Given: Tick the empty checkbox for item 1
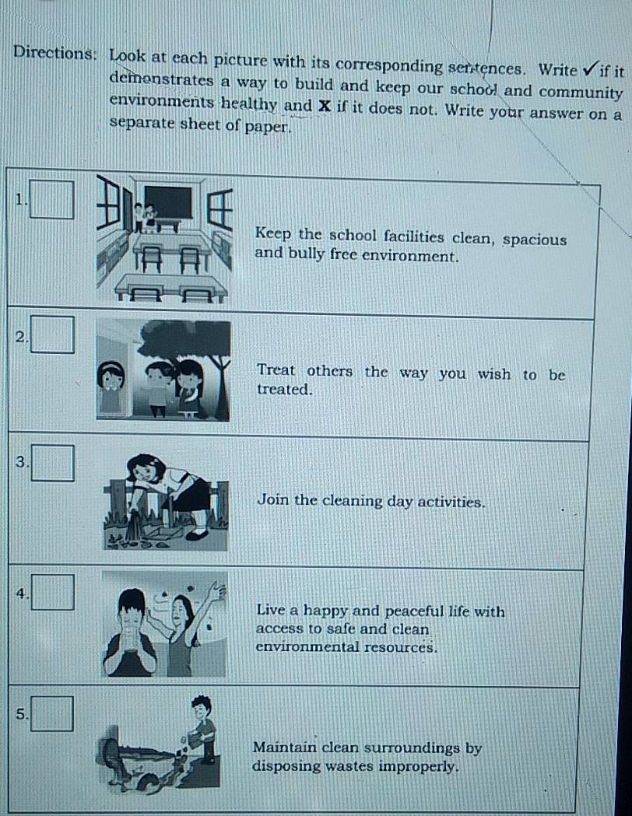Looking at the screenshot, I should (54, 200).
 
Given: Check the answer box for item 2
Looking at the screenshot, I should (54, 335).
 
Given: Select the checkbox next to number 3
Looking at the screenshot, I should (54, 464).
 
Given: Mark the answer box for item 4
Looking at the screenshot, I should (54, 593).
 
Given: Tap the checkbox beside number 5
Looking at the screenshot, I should (54, 714).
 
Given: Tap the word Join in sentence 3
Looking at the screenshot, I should (272, 500).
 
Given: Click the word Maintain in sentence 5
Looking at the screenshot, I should (286, 748).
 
